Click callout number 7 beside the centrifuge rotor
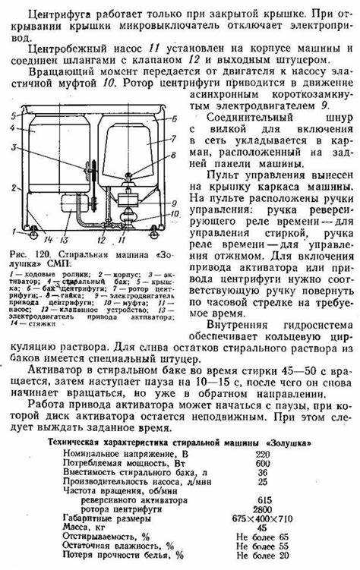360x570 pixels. [x=174, y=138]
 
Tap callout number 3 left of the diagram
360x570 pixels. [x=14, y=146]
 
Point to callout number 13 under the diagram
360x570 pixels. [x=64, y=239]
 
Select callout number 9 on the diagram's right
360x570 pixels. [x=174, y=203]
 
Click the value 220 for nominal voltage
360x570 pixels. [x=263, y=454]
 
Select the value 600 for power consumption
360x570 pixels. [x=263, y=464]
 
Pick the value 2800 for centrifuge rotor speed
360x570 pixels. [x=263, y=509]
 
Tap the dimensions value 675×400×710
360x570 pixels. [x=263, y=518]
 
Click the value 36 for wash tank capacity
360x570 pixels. [x=263, y=473]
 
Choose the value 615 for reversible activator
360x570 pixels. [x=263, y=500]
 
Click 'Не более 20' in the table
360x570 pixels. [x=263, y=556]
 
